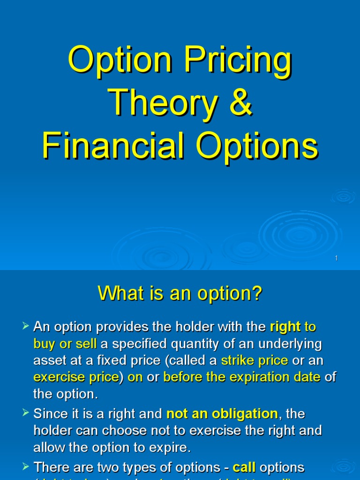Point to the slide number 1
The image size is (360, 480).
[337, 258]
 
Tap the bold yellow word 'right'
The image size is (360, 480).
[285, 327]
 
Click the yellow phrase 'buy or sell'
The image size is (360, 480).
[65, 344]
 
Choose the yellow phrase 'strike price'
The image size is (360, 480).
[255, 361]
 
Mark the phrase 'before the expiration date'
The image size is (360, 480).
[242, 377]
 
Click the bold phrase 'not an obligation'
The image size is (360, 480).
[222, 414]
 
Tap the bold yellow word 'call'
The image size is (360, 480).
[244, 467]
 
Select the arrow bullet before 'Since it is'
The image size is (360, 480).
[26, 412]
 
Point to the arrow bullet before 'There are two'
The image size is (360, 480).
[26, 466]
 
